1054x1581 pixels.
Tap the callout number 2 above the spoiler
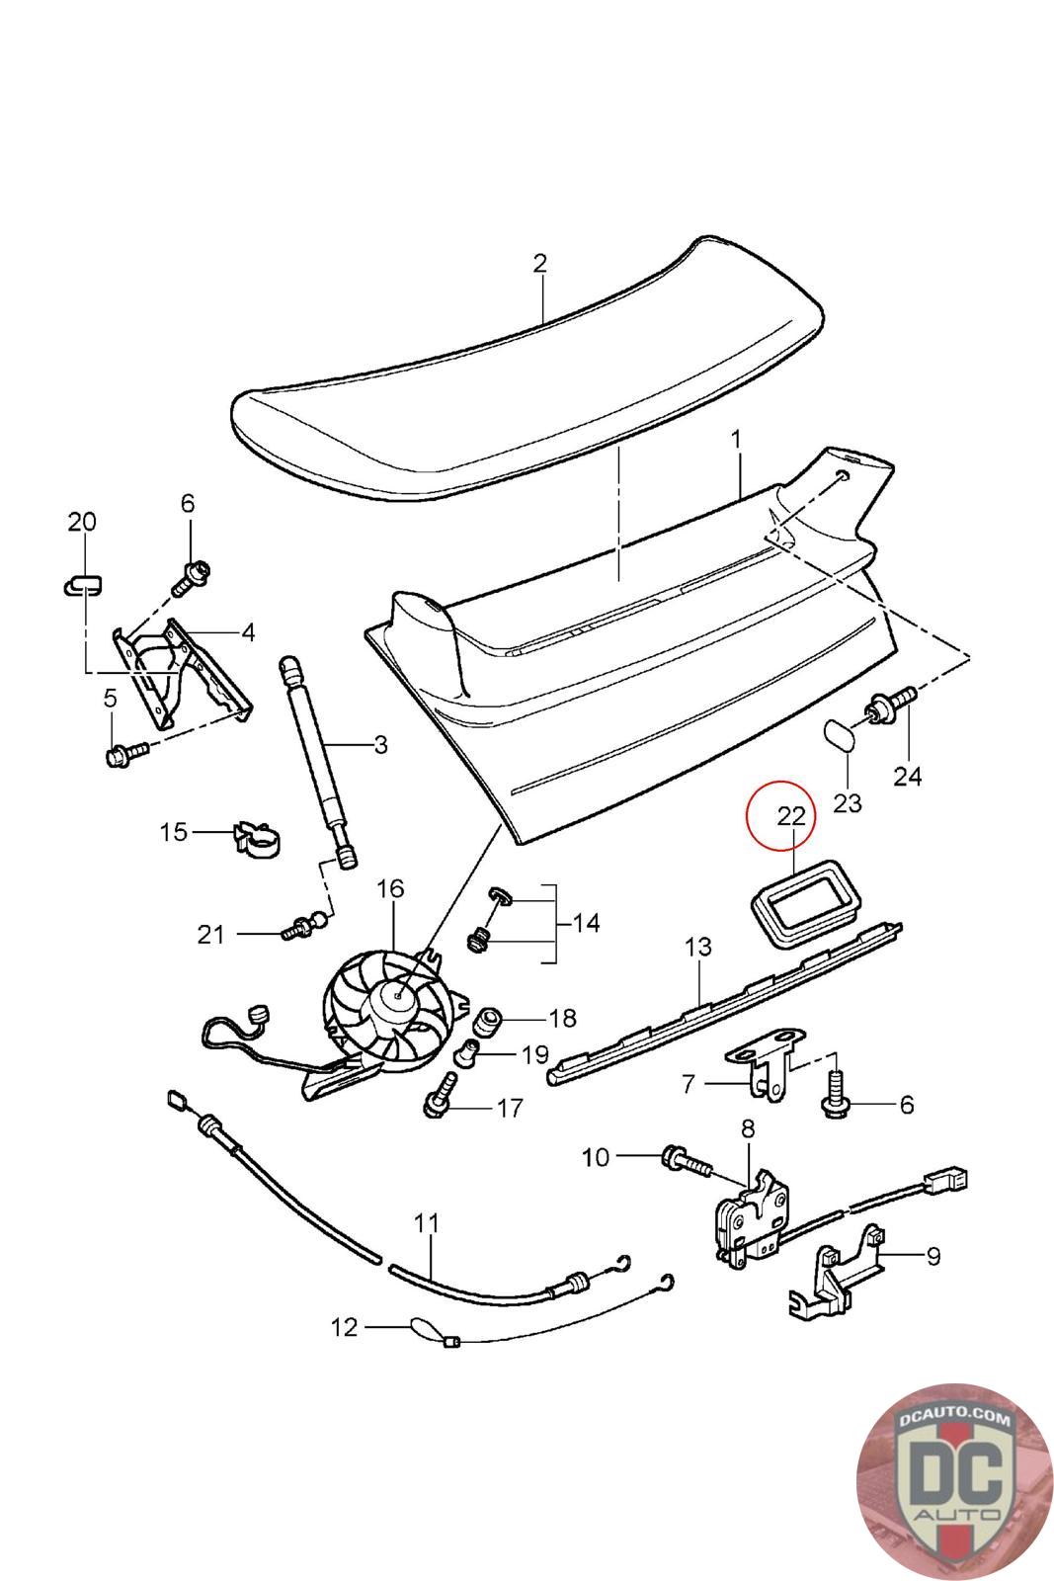click(x=539, y=263)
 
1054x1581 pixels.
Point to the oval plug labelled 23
click(x=842, y=736)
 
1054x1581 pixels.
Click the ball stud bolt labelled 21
click(x=300, y=927)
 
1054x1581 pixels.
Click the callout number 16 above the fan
click(x=390, y=888)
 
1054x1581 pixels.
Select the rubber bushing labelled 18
click(x=491, y=1019)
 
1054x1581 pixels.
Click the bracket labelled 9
click(x=840, y=1275)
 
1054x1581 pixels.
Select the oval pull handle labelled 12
click(x=423, y=1326)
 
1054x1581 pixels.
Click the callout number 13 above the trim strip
click(x=697, y=947)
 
